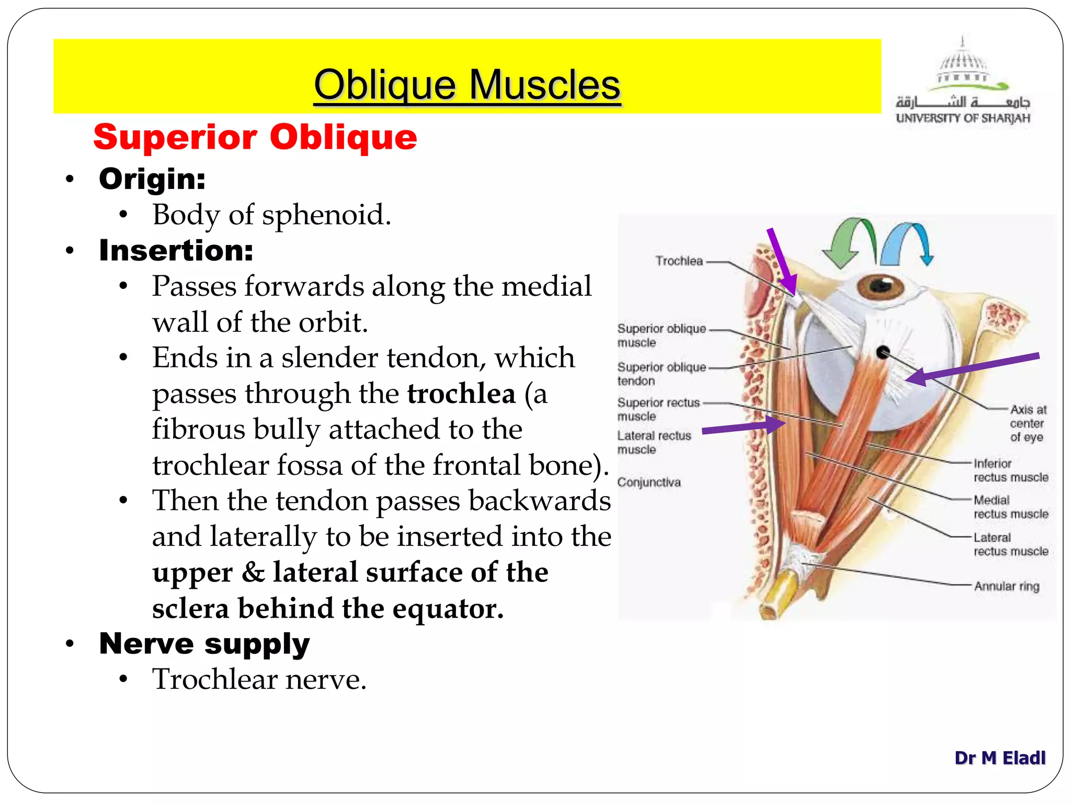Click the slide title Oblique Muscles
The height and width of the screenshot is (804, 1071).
point(467,85)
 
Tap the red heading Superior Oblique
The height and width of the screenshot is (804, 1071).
point(255,137)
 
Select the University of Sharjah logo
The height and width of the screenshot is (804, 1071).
point(963,81)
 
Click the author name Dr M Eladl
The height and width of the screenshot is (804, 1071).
point(999,757)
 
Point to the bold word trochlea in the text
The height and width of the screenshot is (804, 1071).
point(461,394)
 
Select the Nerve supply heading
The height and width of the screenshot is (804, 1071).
point(204,643)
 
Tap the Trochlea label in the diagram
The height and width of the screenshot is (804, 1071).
point(679,261)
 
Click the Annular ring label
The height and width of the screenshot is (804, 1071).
point(1006,586)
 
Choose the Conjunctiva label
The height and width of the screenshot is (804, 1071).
point(649,482)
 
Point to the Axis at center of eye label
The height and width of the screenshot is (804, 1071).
point(1027,423)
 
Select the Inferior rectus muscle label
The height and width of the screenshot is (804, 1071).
point(1010,470)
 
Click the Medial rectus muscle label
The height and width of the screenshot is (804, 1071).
point(1010,507)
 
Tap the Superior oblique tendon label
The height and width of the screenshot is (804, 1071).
point(661,374)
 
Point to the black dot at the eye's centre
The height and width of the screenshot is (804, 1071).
point(883,352)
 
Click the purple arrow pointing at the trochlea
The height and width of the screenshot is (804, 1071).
point(782,262)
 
